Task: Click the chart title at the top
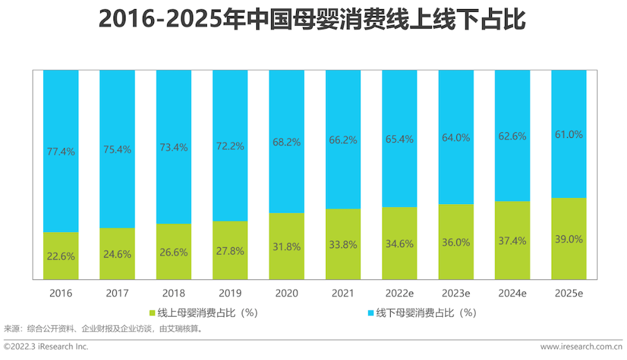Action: [x=313, y=19]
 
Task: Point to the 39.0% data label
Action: [x=569, y=238]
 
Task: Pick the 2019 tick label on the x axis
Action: [x=230, y=293]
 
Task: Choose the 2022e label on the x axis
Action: [x=399, y=293]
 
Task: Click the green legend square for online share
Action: [x=153, y=313]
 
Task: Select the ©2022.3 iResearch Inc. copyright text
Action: [x=46, y=346]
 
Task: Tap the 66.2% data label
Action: [x=343, y=140]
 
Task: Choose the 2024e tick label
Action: [x=512, y=293]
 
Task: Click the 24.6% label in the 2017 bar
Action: [x=117, y=254]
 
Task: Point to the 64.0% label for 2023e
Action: [x=456, y=137]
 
